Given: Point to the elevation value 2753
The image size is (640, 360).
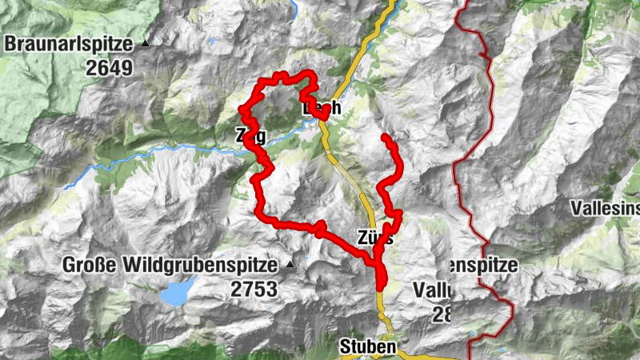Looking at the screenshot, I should (x=254, y=289).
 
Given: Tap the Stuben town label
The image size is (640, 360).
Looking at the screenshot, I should (x=367, y=346).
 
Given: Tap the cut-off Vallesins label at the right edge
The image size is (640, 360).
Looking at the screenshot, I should (x=606, y=209).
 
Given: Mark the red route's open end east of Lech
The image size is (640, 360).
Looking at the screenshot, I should (x=385, y=138).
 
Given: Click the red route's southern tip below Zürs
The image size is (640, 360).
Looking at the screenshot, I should (x=381, y=284).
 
